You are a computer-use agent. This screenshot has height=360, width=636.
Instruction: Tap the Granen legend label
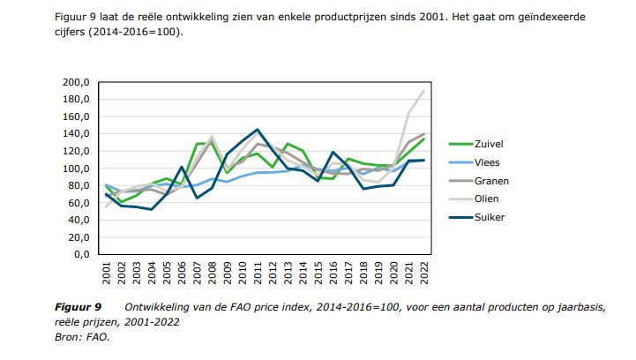[492, 180]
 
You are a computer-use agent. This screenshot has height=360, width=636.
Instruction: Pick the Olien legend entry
[488, 199]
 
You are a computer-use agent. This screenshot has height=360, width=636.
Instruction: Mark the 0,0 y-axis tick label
[81, 254]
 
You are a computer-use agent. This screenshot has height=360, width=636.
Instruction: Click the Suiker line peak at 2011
[258, 130]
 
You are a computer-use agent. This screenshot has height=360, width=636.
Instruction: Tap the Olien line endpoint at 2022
[423, 91]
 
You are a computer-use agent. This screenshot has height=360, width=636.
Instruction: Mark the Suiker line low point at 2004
[152, 209]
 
